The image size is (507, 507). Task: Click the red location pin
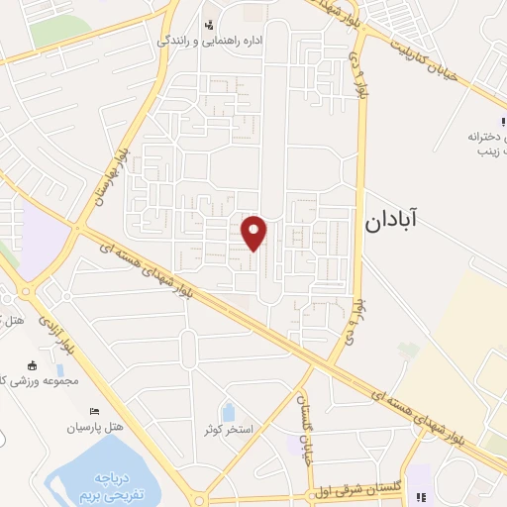coord(254,232)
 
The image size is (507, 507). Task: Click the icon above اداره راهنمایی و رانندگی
coord(208,25)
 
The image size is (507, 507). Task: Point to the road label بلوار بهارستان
coord(109,174)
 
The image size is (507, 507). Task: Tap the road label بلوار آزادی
coord(56,333)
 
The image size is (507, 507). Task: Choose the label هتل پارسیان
coord(94,427)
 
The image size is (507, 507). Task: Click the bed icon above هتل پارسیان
coord(95,411)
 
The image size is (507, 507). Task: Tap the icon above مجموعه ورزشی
coord(32,364)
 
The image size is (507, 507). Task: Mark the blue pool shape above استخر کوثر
coord(229,411)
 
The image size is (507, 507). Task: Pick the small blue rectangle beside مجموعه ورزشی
coord(58,370)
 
